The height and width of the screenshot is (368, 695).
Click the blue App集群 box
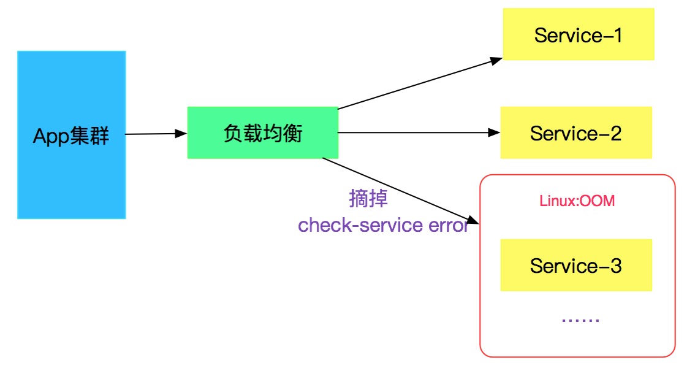pos(71,135)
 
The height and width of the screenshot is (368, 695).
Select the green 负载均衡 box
pos(262,132)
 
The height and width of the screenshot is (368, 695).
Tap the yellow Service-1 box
pos(578,35)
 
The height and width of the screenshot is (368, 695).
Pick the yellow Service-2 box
pos(576,132)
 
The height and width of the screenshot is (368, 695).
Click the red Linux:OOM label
pos(577,201)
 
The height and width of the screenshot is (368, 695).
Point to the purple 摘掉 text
pos(368,199)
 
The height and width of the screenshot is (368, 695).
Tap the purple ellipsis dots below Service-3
pos(579,320)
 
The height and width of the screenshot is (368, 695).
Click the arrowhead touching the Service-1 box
pos(496,60)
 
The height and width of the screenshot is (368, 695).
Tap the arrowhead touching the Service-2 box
pos(495,132)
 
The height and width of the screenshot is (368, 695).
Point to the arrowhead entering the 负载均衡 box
pos(181,133)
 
